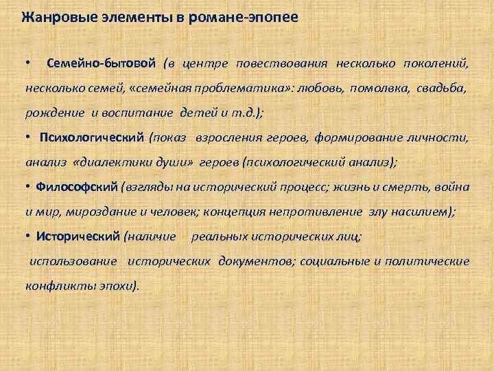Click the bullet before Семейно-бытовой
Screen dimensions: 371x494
[x=26, y=64]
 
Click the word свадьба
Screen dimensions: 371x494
[x=447, y=89]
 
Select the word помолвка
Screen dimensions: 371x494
[x=378, y=89]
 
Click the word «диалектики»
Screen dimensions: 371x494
[x=118, y=163]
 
